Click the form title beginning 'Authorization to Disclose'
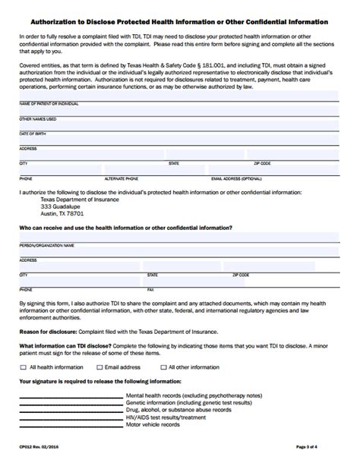point(180,21)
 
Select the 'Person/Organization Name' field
point(180,238)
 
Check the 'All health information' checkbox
point(23,367)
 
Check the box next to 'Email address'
point(99,367)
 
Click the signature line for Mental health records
point(70,395)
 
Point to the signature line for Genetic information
point(70,402)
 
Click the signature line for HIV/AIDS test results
point(70,417)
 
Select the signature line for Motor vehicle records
point(70,423)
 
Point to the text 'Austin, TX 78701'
point(62,213)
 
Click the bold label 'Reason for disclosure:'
point(47,332)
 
